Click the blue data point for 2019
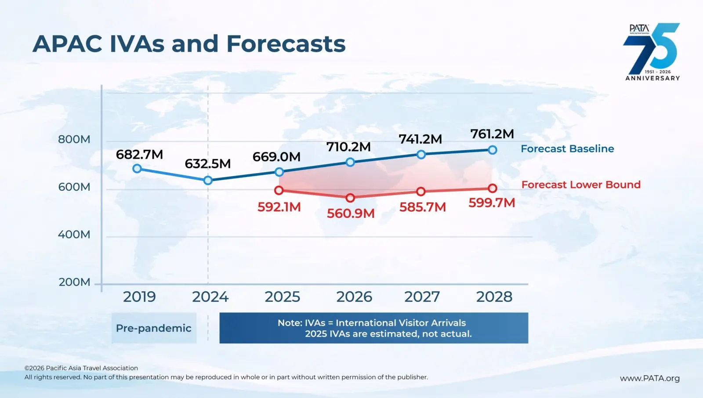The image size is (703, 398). click(x=137, y=169)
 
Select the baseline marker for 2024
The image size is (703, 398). click(x=208, y=181)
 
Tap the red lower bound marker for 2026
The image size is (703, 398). click(x=350, y=198)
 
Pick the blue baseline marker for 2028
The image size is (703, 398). click(x=493, y=150)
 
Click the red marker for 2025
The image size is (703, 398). click(x=279, y=190)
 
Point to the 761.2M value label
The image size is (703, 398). click(x=492, y=134)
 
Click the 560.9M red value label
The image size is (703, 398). click(x=351, y=213)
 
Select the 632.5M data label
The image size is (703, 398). click(x=208, y=163)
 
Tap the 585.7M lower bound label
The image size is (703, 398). click(x=422, y=207)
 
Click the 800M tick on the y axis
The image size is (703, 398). click(x=74, y=139)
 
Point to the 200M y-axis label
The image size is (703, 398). click(x=74, y=282)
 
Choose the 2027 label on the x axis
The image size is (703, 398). click(x=422, y=297)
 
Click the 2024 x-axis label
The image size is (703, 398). click(x=210, y=297)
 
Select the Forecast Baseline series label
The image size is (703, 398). click(x=567, y=148)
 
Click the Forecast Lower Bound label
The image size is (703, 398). click(x=581, y=185)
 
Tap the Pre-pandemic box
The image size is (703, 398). click(x=154, y=328)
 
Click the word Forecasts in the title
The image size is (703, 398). click(x=286, y=43)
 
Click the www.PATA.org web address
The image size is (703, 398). click(x=650, y=378)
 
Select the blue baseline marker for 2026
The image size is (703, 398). click(x=350, y=162)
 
